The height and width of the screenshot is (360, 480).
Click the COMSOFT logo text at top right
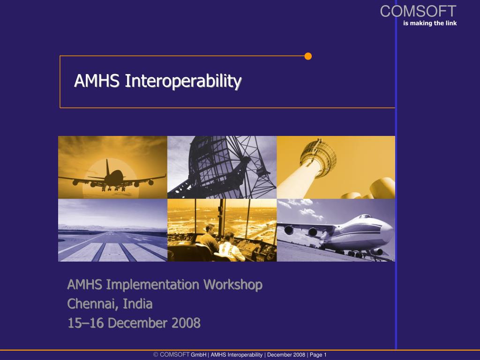[418, 11]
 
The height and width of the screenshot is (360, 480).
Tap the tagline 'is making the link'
[430, 23]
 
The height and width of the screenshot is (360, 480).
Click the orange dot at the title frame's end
[308, 56]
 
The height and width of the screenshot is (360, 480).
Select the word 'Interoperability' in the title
[183, 81]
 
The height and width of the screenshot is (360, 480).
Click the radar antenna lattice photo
[222, 167]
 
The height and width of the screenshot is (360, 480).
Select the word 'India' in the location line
[138, 304]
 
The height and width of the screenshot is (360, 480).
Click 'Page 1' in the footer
[318, 355]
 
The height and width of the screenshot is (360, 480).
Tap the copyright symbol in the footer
[156, 355]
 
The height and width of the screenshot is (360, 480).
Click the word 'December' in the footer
[279, 355]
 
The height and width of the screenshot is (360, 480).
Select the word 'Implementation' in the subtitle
[154, 285]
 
